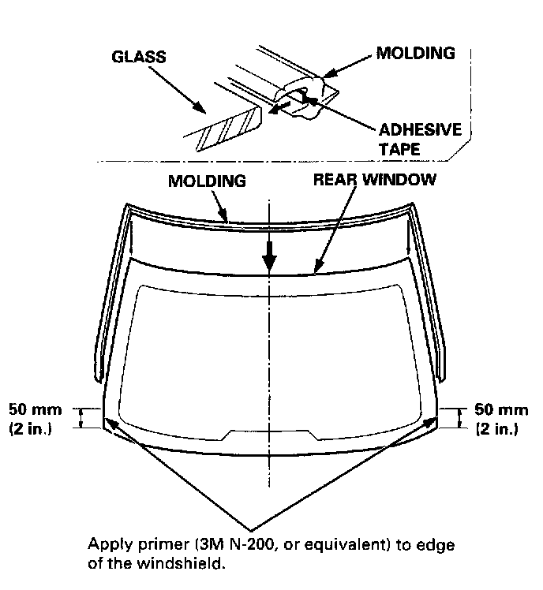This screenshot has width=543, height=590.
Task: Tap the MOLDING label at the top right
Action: (x=414, y=54)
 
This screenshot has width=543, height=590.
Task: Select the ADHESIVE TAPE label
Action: (x=420, y=138)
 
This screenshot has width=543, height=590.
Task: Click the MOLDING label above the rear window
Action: (x=207, y=181)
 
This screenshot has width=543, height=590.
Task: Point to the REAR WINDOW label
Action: (x=374, y=179)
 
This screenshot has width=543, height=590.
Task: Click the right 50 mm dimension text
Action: (x=501, y=410)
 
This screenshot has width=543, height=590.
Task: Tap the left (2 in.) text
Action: (x=31, y=430)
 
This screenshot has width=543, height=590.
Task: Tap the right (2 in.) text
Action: (x=497, y=430)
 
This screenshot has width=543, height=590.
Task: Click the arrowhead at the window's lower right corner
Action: (x=433, y=423)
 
